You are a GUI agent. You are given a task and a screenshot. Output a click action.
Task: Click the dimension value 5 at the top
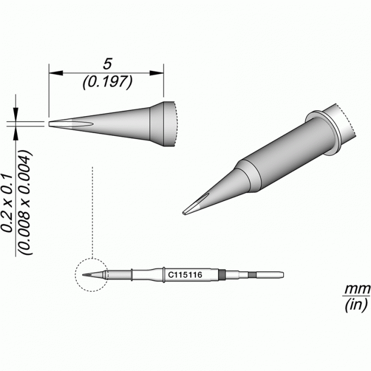[107, 64]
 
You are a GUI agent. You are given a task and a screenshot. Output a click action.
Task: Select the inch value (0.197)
[107, 82]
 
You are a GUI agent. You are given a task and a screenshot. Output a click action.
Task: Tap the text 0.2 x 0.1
[7, 203]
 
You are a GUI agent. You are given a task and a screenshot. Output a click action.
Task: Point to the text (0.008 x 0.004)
[26, 202]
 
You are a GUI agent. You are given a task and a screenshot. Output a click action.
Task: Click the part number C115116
[185, 275]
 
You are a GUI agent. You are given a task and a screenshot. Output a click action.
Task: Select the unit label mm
[357, 289]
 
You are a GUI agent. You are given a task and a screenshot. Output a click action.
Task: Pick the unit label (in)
[356, 305]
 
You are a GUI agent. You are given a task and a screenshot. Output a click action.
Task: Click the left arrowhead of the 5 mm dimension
[56, 73]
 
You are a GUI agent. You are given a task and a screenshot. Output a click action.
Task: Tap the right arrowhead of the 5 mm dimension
[157, 73]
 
